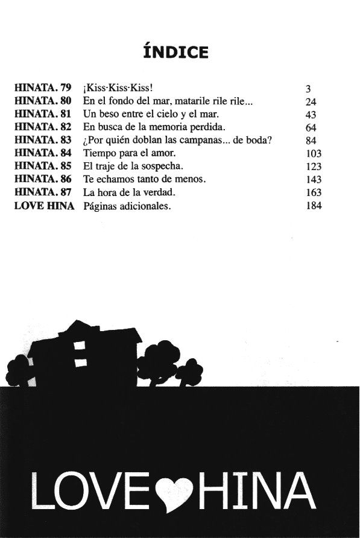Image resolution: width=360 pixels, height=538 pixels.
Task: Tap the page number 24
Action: coord(312,101)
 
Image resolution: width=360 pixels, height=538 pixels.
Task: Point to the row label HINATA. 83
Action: coord(43,140)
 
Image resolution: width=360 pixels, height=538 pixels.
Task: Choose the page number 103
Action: coord(314,153)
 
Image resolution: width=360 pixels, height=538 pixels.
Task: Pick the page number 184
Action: coord(314,206)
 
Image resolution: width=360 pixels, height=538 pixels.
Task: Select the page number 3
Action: coord(309,88)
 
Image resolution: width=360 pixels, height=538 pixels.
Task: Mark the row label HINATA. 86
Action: coord(43,179)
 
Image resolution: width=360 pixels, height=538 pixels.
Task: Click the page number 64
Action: coord(312,127)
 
